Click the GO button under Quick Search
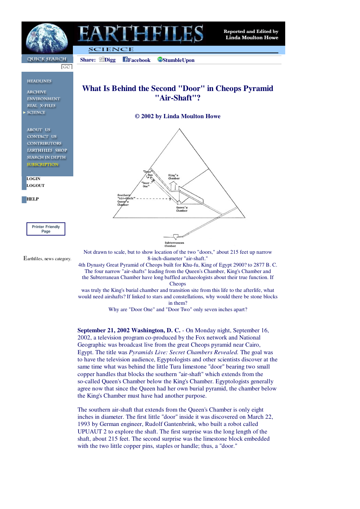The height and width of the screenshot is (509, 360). coord(66,67)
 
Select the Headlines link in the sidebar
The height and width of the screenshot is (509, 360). coord(39,81)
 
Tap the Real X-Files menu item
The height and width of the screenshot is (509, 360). coord(41,106)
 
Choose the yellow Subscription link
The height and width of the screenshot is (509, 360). coord(43,164)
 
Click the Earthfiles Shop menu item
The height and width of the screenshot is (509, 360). coord(47,150)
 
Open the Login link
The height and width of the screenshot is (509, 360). coord(33,179)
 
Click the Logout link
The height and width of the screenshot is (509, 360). coord(36,185)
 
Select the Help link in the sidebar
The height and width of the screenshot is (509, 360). coord(32,199)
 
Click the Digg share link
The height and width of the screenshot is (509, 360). coord(108,60)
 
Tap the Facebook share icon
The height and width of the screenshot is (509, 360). coord(125,59)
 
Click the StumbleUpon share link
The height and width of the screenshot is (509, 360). coord(176,60)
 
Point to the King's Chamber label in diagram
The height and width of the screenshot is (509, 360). coord(174,177)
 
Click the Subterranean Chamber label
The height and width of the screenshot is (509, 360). coord(174,244)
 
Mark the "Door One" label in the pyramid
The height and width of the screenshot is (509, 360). coord(145,185)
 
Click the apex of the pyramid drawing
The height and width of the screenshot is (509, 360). coord(179,129)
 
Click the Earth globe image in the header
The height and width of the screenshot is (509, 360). coord(47,38)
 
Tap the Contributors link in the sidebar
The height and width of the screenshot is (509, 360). coord(44,143)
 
